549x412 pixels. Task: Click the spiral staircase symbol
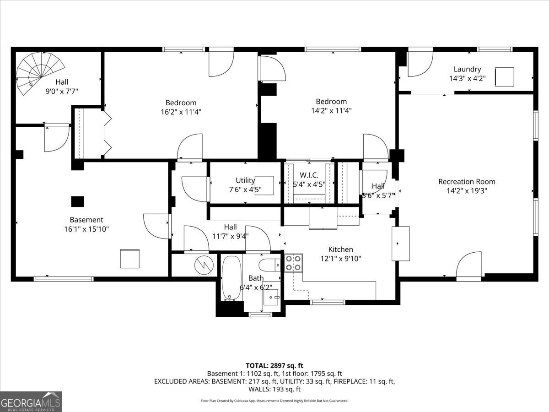[34, 71]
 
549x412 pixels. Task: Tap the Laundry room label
[467, 69]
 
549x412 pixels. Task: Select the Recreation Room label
[466, 181]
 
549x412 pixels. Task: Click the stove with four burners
[293, 263]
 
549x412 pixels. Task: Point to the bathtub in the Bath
[231, 278]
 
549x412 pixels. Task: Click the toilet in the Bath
[269, 265]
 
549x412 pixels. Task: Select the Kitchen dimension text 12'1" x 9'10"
[340, 259]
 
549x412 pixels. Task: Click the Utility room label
[245, 180]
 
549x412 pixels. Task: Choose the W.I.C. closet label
[309, 175]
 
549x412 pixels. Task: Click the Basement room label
[86, 220]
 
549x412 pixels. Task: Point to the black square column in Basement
[77, 201]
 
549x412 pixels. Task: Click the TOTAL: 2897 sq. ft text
[274, 365]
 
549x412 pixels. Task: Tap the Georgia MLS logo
[31, 401]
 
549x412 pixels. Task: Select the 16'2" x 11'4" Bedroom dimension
[181, 111]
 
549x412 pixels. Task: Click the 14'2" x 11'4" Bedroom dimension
[331, 110]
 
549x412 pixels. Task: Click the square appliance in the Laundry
[505, 76]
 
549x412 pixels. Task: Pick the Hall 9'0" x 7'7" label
[62, 87]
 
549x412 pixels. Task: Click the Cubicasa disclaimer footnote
[274, 401]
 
